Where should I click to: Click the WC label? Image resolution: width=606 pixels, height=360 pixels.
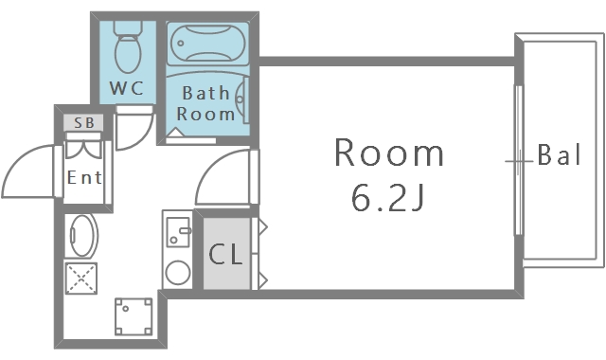pyautogui.click(x=126, y=88)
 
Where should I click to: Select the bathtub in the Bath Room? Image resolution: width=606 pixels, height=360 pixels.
pyautogui.click(x=208, y=43)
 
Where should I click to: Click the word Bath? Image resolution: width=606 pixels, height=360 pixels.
pyautogui.click(x=205, y=93)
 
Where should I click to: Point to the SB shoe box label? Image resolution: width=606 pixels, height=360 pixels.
pyautogui.click(x=84, y=123)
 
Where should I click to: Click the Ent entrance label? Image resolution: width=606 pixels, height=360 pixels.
pyautogui.click(x=84, y=177)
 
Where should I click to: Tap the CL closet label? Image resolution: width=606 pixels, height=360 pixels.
pyautogui.click(x=225, y=255)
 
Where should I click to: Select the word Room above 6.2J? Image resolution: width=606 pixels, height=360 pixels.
pyautogui.click(x=389, y=153)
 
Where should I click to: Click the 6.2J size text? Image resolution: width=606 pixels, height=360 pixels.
pyautogui.click(x=387, y=197)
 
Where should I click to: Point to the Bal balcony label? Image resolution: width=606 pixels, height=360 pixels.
pyautogui.click(x=559, y=155)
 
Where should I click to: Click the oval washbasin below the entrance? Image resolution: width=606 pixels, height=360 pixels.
pyautogui.click(x=81, y=236)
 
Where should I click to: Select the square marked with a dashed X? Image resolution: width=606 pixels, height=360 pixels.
pyautogui.click(x=81, y=278)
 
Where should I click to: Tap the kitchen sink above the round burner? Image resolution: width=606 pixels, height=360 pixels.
pyautogui.click(x=178, y=231)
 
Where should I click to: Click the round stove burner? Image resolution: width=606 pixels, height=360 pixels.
pyautogui.click(x=178, y=272)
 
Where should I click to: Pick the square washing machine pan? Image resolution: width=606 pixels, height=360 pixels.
pyautogui.click(x=134, y=315)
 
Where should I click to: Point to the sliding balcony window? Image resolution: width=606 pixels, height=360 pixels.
pyautogui.click(x=519, y=160)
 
